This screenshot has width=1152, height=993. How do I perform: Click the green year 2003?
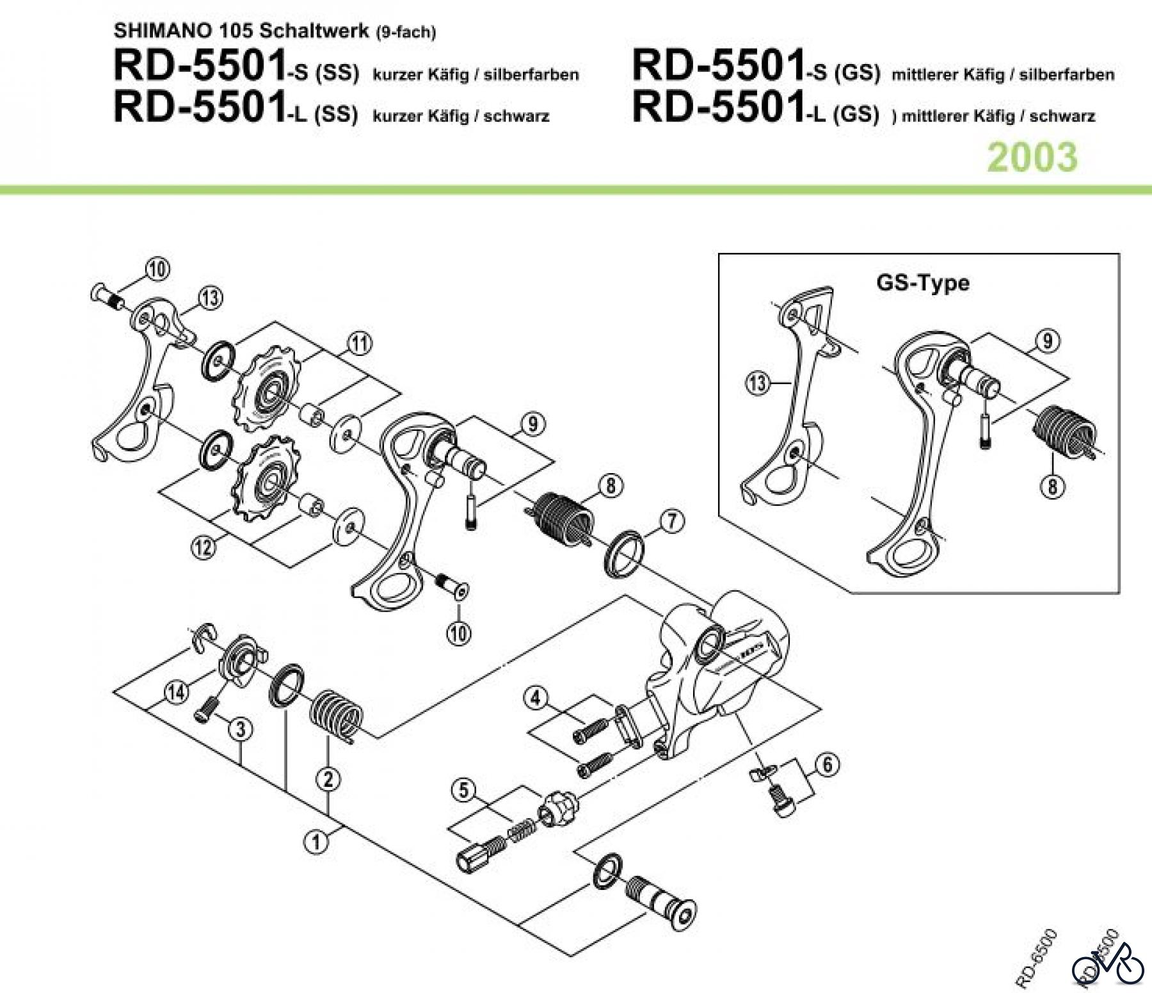[x=1032, y=157]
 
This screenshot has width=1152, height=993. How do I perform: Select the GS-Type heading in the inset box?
[x=922, y=282]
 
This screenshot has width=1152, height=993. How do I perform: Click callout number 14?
[x=177, y=691]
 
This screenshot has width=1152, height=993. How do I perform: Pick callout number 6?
[x=828, y=764]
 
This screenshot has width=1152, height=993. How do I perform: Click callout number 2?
[x=329, y=779]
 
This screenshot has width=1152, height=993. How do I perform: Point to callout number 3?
[x=241, y=729]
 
